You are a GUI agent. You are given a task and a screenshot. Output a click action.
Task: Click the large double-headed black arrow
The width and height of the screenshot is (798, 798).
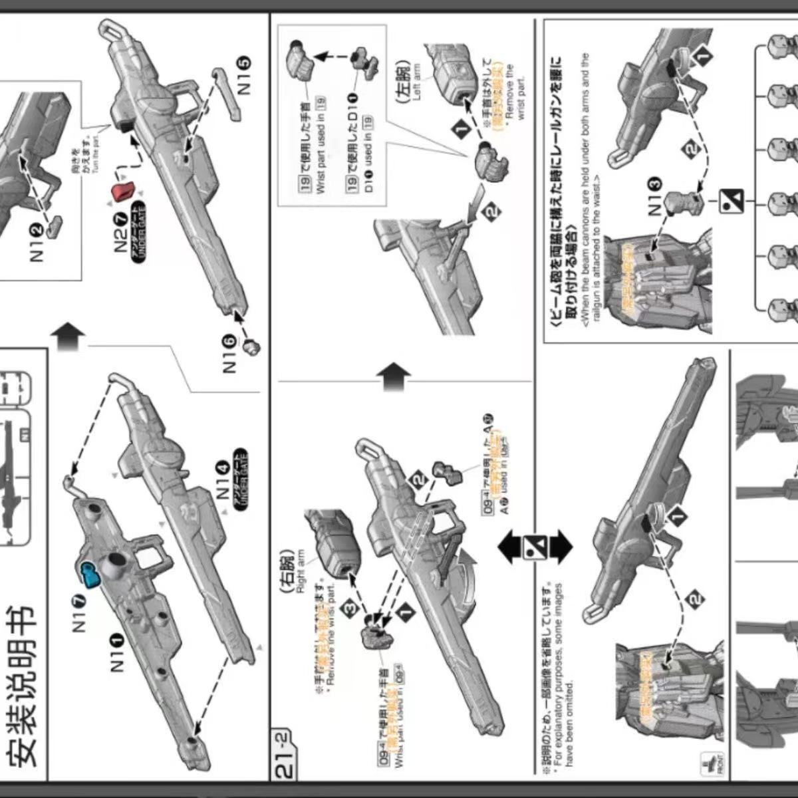[x=535, y=546]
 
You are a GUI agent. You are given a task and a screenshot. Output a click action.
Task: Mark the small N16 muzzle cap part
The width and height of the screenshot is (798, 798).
[x=251, y=346]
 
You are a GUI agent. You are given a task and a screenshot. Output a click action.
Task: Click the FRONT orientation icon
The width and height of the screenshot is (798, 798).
[x=711, y=762]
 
